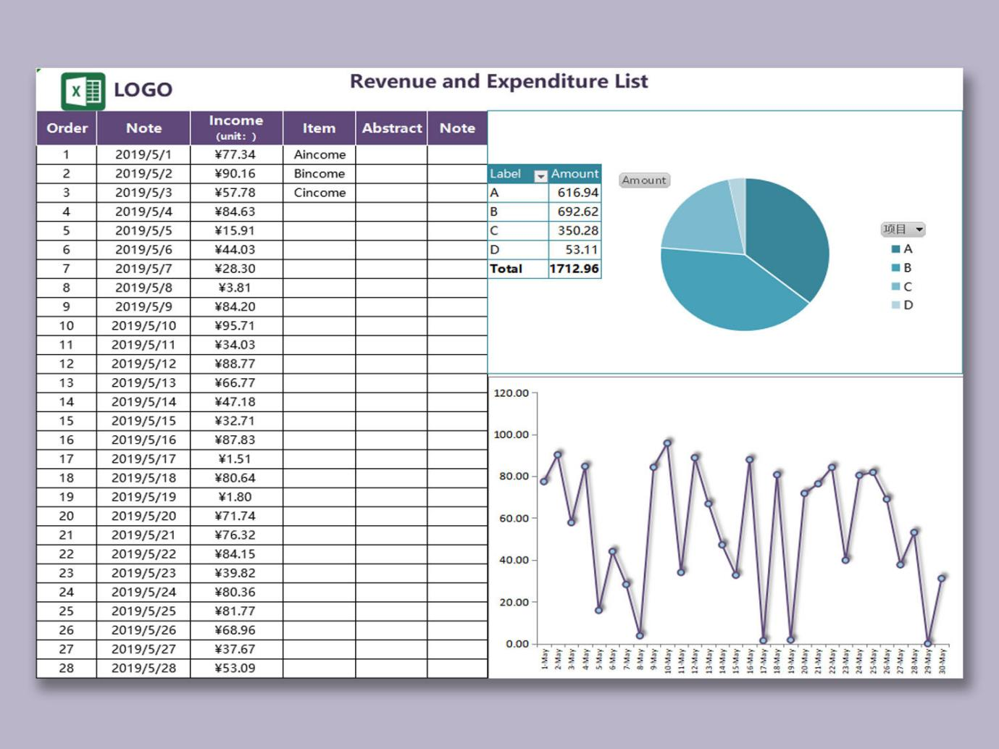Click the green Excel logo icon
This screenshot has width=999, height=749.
(x=83, y=91)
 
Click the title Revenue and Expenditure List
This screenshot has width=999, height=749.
(x=498, y=81)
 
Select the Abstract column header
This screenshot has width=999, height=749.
(x=391, y=128)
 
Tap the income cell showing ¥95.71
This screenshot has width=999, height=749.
(x=235, y=326)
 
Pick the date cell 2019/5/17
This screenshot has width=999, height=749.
(x=143, y=459)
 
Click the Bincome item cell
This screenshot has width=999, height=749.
(x=319, y=174)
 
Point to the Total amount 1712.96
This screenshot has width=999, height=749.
(x=574, y=269)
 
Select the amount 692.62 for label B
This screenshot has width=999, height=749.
(x=577, y=212)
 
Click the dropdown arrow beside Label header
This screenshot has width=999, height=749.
(x=540, y=176)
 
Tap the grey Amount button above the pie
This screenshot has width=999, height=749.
(x=644, y=180)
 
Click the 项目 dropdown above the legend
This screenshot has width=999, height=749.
(x=903, y=230)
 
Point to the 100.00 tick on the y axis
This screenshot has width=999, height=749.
(x=511, y=435)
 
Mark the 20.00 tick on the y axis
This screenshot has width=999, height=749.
(x=514, y=602)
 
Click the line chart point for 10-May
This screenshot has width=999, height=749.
(x=667, y=443)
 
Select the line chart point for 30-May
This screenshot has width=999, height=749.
(x=942, y=578)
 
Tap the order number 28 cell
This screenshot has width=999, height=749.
(x=67, y=668)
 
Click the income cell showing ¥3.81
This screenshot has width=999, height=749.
(x=235, y=288)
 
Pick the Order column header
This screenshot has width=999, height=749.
(x=67, y=128)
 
